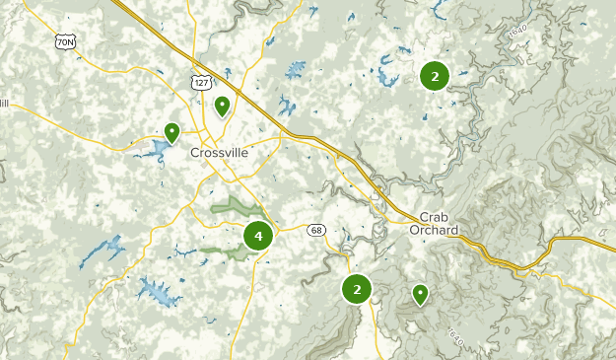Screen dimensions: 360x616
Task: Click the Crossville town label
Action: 219,153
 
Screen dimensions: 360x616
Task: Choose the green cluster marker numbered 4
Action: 258,236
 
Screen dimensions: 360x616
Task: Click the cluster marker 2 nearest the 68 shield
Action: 356,289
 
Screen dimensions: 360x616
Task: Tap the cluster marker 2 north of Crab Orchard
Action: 434,75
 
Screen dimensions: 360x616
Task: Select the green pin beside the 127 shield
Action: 223,106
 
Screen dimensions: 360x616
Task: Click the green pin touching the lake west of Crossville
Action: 172,132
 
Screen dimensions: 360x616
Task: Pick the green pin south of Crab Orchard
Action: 420,294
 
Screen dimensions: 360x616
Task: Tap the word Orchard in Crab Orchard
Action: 439,230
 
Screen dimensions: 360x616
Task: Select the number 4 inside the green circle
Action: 258,236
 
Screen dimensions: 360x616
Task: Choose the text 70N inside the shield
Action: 66,43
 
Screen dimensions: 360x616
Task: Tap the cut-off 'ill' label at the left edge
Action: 4,102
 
